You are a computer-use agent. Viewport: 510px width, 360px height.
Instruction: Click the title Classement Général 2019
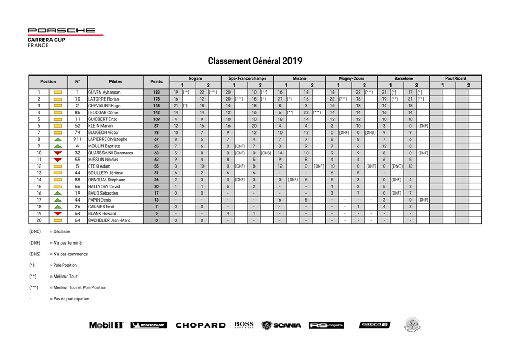(255, 61)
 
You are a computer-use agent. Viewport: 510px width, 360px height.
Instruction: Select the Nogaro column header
(195, 78)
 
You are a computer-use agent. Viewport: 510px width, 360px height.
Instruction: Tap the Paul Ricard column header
(456, 78)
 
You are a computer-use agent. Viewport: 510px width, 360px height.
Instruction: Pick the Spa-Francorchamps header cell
(247, 78)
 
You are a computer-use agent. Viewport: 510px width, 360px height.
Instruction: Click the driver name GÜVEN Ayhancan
(104, 92)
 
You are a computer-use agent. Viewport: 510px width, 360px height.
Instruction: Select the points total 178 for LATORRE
(156, 99)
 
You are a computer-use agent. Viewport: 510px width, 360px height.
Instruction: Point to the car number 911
(78, 139)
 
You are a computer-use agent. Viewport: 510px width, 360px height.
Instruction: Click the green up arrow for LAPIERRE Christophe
(58, 139)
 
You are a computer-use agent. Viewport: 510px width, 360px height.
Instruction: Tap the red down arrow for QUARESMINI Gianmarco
(58, 153)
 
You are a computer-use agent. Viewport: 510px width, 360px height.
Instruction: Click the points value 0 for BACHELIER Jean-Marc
(156, 220)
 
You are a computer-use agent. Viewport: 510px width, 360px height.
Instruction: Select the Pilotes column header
(115, 81)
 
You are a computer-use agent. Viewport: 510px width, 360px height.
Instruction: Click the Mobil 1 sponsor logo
(106, 325)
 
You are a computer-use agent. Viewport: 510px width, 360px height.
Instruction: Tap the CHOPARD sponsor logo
(200, 325)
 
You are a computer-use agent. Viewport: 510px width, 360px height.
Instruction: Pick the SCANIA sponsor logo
(282, 325)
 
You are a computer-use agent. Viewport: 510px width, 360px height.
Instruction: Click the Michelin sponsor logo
(149, 325)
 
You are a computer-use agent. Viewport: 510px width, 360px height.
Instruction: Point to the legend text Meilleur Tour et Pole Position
(78, 288)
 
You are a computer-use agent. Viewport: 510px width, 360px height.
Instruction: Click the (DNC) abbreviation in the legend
(35, 232)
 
